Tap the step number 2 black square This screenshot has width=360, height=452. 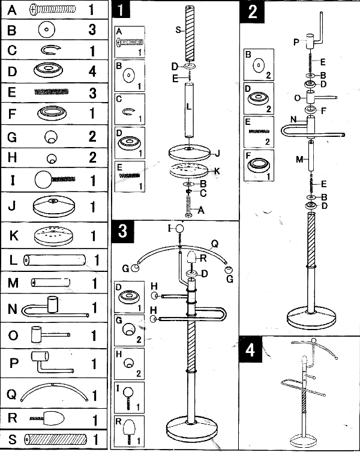[x=253, y=11]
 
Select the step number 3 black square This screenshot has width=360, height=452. [x=121, y=231]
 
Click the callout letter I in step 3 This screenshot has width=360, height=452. [x=169, y=228]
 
